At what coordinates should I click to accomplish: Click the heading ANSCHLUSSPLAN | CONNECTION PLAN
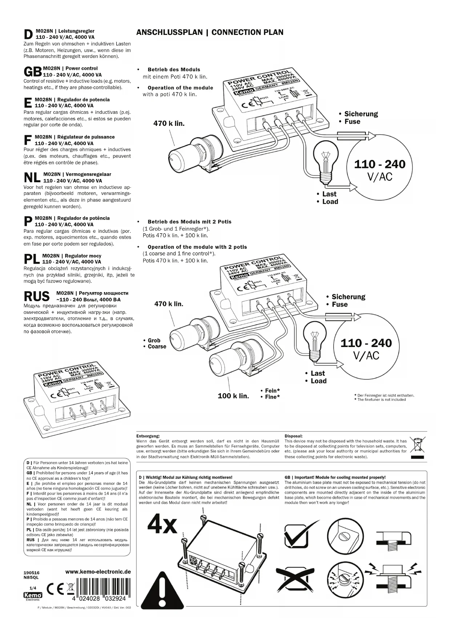[210, 32]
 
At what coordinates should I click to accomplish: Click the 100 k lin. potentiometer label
[233, 396]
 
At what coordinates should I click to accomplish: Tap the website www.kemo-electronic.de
[98, 572]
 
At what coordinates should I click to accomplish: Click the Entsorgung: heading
[148, 436]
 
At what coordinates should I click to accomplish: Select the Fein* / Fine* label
[270, 394]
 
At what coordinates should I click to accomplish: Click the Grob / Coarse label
[154, 343]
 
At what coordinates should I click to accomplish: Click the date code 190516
[31, 573]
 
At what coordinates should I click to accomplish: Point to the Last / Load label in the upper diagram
[327, 198]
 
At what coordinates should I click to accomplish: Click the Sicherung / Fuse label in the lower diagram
[346, 300]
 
